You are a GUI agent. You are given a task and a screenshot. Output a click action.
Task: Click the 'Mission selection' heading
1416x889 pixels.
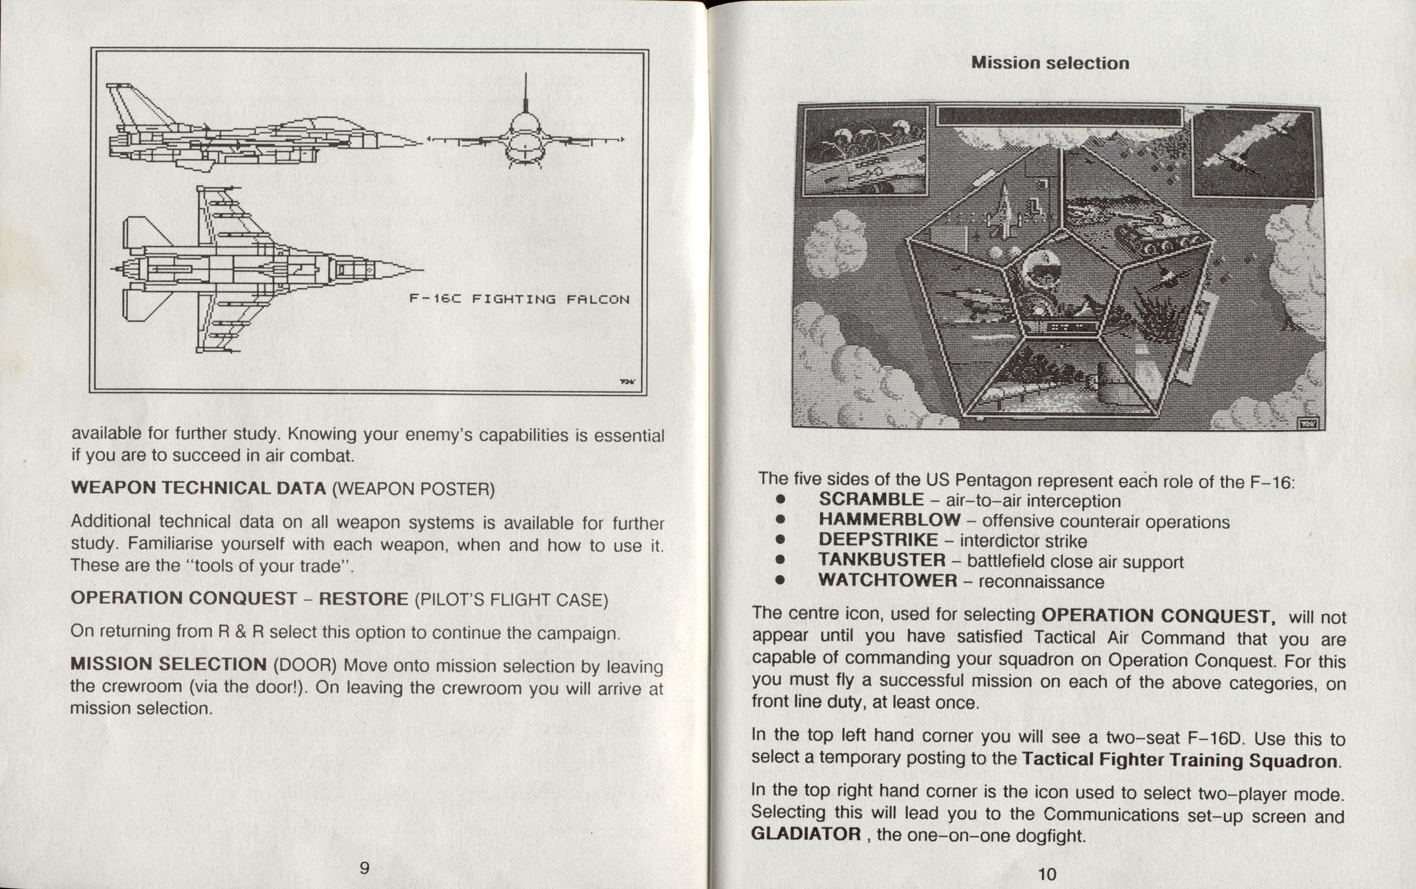coord(1050,63)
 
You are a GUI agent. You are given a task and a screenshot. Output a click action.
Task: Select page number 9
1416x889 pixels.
coord(365,868)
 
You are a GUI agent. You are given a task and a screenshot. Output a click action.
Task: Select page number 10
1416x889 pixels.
coord(1047,874)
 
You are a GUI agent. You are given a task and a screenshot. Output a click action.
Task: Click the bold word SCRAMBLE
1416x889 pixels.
coord(871,499)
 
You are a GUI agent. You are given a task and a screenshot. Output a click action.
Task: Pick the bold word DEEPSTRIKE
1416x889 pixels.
coord(878,540)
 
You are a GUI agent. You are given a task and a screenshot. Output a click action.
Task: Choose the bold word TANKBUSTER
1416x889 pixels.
coord(881,561)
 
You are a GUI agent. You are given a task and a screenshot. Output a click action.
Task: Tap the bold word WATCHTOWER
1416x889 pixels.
coord(887,581)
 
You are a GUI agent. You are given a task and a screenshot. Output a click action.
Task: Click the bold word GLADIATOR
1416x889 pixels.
coord(806,834)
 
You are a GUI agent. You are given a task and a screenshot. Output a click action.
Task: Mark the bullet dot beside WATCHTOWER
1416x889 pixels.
coord(780,581)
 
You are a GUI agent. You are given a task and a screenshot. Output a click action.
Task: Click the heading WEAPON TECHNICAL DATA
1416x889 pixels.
coord(198,488)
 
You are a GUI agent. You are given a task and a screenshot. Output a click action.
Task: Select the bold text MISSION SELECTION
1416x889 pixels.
coord(168,664)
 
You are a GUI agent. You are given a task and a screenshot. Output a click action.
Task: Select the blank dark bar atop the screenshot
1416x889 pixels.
coord(1059,117)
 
